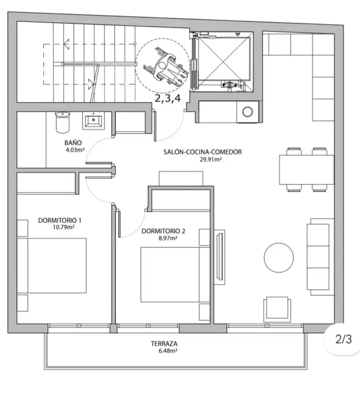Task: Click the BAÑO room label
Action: coord(73,143)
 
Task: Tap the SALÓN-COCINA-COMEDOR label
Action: coord(202,152)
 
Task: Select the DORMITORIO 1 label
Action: coord(60,220)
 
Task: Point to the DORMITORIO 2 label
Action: coord(163,231)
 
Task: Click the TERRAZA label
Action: coord(164,344)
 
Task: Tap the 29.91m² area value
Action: coord(211,159)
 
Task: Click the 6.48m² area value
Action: coord(168,351)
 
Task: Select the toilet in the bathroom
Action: coord(62,122)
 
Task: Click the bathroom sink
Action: coord(94,121)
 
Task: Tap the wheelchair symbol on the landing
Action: coord(165,67)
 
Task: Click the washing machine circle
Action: coord(248,112)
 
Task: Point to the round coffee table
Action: coord(278,257)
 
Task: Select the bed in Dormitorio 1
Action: coord(52,266)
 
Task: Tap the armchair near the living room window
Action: coord(277,309)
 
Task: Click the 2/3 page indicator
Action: coord(344,340)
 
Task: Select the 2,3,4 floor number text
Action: coord(168,98)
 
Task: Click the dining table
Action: coord(306,170)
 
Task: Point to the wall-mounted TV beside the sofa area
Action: coord(220,257)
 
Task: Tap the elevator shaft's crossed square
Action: coord(224,59)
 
